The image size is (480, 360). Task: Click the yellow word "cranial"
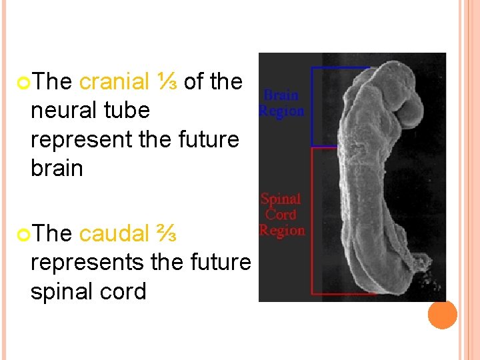[114, 82]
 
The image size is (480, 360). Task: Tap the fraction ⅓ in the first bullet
[167, 82]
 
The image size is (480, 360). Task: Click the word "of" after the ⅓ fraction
[194, 82]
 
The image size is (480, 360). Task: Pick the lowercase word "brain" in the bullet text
[57, 168]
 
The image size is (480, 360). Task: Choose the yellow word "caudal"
[114, 234]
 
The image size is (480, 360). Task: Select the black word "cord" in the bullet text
[125, 291]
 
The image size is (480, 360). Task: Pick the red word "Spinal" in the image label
[281, 199]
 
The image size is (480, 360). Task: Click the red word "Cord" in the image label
[281, 215]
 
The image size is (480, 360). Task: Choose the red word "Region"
[281, 231]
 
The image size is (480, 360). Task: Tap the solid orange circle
[443, 315]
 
